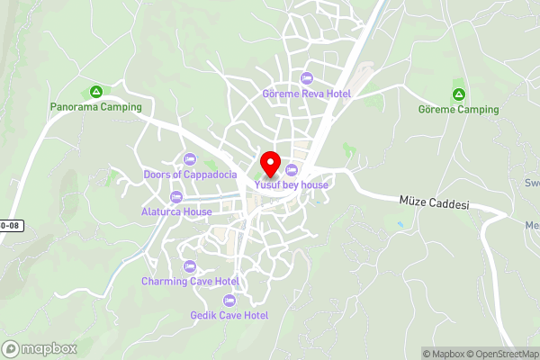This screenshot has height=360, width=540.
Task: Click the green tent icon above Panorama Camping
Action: (95, 92)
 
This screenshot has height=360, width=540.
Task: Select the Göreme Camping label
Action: (458, 110)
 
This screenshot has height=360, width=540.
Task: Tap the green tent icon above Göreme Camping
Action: (458, 94)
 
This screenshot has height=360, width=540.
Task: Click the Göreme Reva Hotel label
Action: (306, 94)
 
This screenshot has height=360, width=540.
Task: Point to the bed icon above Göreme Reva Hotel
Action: (307, 78)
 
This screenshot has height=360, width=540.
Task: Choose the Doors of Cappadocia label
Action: (190, 174)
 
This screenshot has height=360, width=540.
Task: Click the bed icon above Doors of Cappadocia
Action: (190, 158)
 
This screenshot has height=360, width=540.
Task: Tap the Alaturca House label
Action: (176, 211)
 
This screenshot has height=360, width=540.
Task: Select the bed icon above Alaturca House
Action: (176, 196)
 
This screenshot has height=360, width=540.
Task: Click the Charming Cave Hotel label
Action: (189, 281)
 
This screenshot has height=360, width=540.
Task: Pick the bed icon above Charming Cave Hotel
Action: (189, 265)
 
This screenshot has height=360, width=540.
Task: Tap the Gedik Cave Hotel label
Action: (229, 315)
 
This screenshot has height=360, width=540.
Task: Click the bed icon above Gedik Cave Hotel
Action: (229, 300)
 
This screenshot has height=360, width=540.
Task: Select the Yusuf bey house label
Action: (291, 184)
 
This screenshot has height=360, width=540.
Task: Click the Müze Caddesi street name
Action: (434, 204)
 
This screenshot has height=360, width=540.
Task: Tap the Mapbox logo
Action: (40, 348)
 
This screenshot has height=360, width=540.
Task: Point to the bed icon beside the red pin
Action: (291, 170)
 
